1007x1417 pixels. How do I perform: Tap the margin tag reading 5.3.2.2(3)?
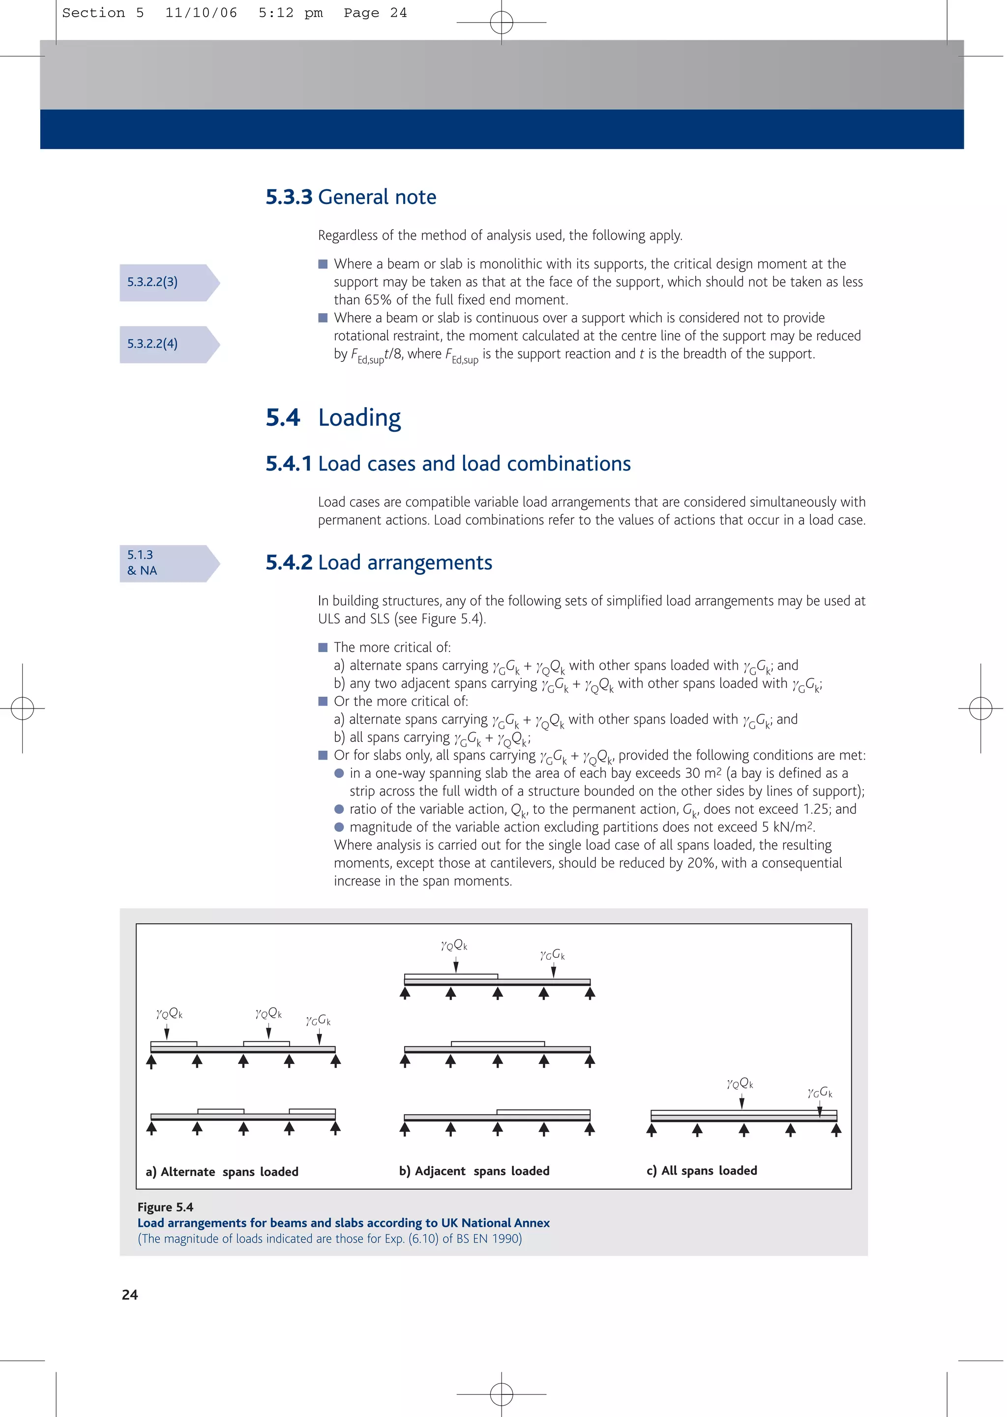152,282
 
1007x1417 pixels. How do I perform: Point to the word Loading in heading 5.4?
359,418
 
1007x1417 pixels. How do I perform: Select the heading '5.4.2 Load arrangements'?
379,562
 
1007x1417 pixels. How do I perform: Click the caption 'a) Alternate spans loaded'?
222,1172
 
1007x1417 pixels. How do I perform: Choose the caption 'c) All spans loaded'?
701,1170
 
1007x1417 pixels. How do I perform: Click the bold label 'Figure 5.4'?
165,1207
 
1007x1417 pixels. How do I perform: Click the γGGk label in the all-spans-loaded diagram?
820,1093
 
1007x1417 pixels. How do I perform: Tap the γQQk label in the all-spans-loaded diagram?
740,1084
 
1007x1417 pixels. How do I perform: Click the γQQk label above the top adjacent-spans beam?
454,945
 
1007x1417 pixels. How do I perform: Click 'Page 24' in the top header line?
375,13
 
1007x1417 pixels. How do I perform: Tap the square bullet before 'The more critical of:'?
323,648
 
